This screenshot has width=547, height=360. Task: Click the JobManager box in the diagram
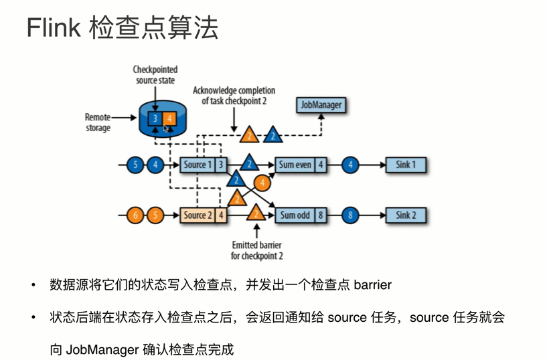321,105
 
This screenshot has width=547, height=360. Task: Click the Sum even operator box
295,165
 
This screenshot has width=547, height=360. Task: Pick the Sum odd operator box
295,215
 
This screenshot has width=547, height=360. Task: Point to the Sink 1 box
406,165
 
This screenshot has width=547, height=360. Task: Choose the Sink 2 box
406,215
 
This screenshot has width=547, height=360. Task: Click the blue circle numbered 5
136,165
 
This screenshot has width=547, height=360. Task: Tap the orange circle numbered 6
136,215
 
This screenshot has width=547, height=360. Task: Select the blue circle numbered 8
350,215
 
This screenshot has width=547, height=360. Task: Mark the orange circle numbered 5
155,215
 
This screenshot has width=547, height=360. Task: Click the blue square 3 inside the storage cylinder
155,119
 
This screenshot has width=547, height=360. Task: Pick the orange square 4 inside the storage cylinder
169,119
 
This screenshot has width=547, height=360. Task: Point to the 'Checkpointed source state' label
154,75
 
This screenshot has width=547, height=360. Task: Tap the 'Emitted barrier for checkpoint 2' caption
257,250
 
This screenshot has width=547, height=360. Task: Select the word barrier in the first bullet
372,285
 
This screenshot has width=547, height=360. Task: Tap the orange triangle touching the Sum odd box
255,213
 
